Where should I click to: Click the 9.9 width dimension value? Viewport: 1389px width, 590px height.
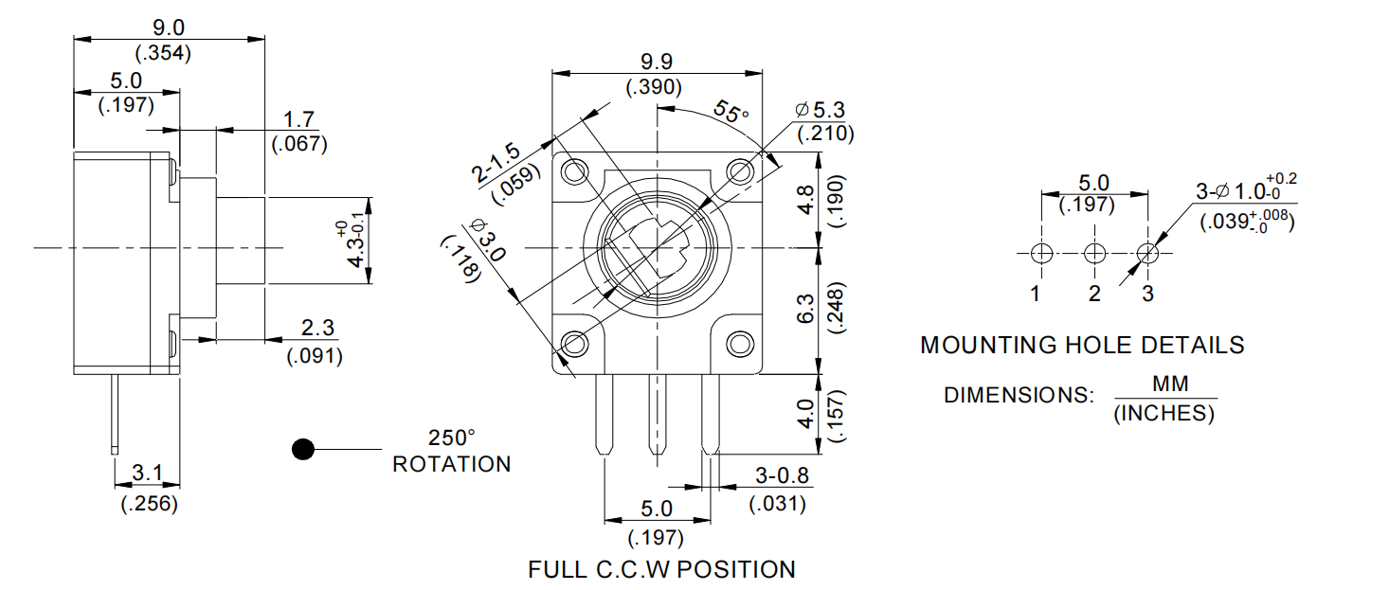(x=656, y=62)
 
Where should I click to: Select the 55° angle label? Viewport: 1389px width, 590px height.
(x=731, y=113)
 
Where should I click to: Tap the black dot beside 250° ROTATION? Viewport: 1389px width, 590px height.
(x=302, y=450)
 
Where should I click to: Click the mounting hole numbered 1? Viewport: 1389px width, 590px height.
(x=1040, y=253)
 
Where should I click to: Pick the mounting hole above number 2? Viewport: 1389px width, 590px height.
(x=1094, y=253)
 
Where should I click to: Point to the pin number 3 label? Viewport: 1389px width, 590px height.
(x=1147, y=294)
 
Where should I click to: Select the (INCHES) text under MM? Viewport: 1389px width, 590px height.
(x=1164, y=414)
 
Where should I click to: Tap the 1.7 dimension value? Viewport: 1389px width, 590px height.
(x=299, y=120)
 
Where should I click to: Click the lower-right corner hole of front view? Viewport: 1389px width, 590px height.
(x=740, y=343)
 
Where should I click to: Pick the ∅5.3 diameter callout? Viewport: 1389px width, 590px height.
(x=823, y=110)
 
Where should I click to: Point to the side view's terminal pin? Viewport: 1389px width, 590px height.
(x=115, y=412)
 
